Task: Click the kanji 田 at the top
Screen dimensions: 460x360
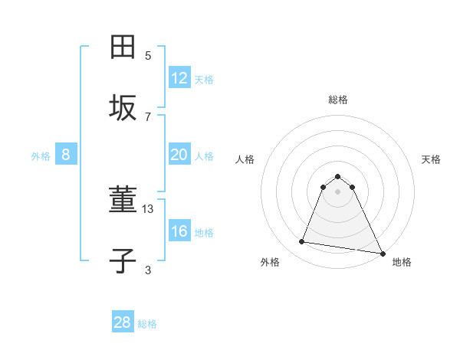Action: coord(123,47)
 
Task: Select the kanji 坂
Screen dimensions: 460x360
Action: coord(123,108)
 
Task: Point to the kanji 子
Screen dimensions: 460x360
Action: coord(123,260)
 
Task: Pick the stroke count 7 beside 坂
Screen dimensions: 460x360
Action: coord(148,116)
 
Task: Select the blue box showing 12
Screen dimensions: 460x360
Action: coord(179,78)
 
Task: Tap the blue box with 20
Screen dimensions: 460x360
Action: coord(179,155)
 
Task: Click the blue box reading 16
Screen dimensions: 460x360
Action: coord(179,231)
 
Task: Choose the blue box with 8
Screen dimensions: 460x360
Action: coord(66,155)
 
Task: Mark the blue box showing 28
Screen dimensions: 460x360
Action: coord(123,322)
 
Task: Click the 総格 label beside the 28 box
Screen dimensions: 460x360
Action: coord(147,324)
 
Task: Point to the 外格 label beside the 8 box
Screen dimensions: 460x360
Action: coord(41,156)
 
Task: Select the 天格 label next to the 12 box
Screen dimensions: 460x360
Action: coord(204,80)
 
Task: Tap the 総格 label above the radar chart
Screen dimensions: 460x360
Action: coord(338,99)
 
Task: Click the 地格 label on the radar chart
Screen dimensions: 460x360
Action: coord(402,262)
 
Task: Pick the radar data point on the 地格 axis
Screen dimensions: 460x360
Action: coord(383,252)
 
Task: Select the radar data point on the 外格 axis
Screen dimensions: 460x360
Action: coord(301,242)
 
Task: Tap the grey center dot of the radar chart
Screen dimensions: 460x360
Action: coord(338,191)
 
